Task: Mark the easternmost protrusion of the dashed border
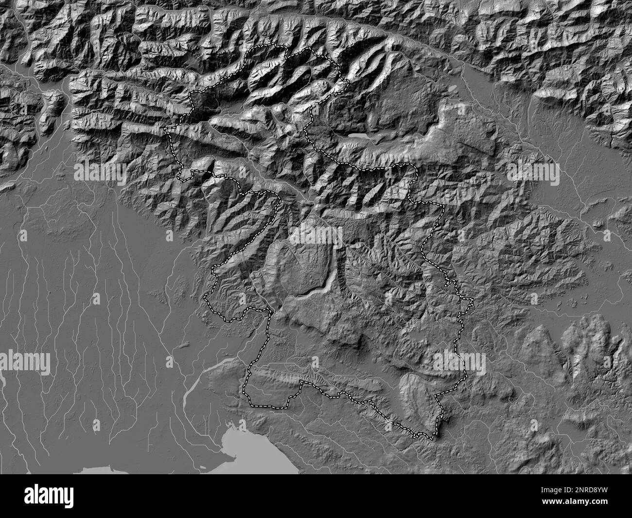[x=472, y=301]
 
